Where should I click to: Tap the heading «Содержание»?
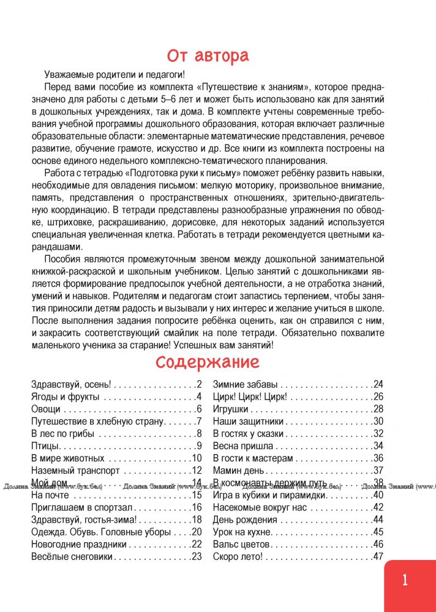208,362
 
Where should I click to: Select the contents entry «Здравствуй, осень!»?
70,385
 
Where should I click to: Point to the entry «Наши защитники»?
248,422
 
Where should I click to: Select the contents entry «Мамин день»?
239,471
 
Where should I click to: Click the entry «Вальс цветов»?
242,544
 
